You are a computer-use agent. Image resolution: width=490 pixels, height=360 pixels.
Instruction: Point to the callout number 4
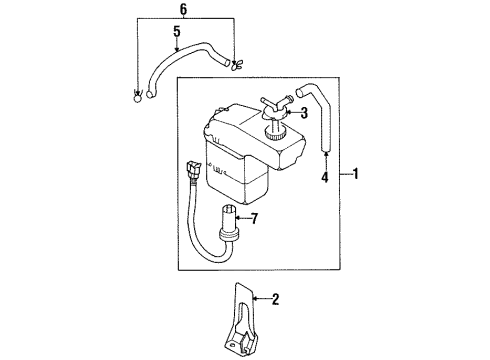pos(324,180)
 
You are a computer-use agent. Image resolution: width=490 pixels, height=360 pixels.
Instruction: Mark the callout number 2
pos(276,298)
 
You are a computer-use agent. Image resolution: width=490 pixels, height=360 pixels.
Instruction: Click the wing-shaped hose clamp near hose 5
pos(235,67)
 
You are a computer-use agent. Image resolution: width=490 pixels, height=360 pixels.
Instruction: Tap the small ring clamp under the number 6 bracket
pos(137,98)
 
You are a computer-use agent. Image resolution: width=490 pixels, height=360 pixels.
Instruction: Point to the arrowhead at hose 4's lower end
pos(324,151)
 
